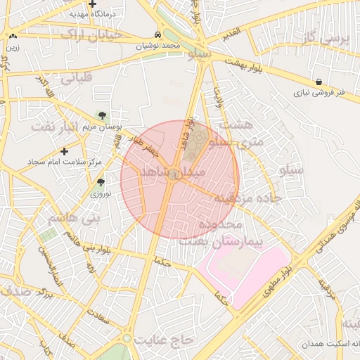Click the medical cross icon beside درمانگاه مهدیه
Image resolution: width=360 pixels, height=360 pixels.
click(x=92, y=4)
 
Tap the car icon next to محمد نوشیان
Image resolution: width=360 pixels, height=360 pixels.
click(x=157, y=34)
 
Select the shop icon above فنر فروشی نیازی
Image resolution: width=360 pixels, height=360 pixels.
click(x=320, y=82)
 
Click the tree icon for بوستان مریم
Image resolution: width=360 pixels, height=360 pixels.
click(x=103, y=115)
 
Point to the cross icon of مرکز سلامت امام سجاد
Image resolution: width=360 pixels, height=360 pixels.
click(x=65, y=151)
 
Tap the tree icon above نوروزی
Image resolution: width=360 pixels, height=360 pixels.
click(x=101, y=182)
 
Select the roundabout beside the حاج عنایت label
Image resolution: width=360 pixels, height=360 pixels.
click(x=127, y=339)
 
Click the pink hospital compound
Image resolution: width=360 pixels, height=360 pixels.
click(x=243, y=271)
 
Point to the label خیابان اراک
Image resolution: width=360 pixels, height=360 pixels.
click(x=91, y=34)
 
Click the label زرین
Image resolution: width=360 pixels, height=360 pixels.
click(x=13, y=48)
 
